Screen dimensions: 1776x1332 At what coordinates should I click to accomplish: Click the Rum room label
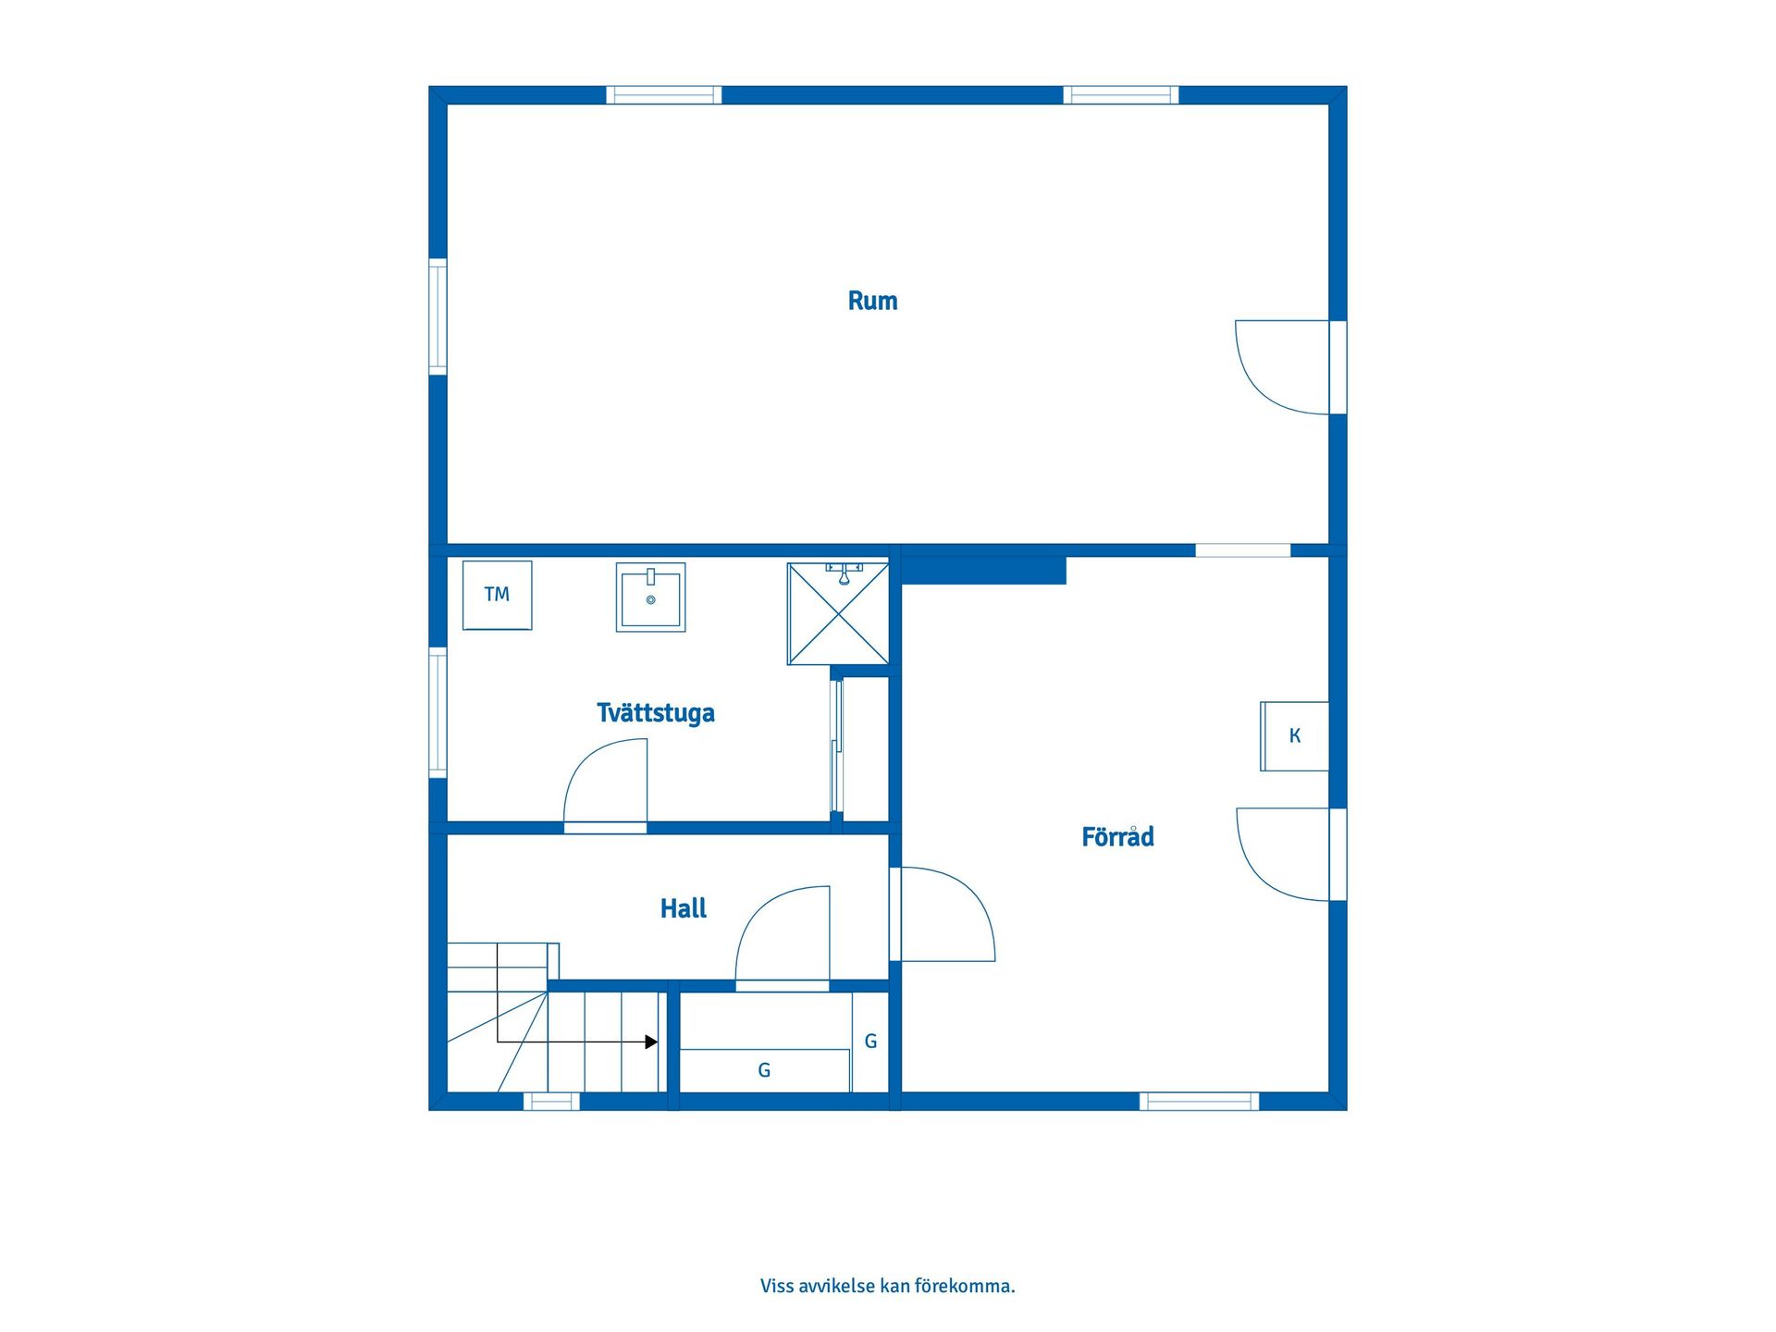872,301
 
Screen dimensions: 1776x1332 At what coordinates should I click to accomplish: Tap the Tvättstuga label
655,713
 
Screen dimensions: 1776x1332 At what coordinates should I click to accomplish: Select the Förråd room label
1117,836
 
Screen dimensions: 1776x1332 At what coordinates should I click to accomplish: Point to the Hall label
683,908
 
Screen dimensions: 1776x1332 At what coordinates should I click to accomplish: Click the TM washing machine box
497,595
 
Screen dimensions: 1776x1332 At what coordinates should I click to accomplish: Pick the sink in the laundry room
650,597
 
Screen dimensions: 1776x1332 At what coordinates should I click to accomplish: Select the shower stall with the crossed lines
838,613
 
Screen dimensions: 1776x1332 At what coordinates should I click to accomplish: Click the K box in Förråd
1294,736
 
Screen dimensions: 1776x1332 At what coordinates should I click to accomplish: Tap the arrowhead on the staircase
651,1042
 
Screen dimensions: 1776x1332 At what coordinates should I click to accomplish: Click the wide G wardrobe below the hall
765,1070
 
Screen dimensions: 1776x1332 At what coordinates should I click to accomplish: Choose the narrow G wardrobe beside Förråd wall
870,1042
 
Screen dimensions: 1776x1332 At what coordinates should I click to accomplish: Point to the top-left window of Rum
663,95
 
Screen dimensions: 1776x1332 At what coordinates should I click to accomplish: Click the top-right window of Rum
1120,95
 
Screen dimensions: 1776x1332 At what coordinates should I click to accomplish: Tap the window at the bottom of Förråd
1199,1101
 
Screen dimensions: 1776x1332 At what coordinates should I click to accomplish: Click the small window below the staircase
551,1101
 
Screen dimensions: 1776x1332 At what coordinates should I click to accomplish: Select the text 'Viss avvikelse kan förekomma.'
888,1286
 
